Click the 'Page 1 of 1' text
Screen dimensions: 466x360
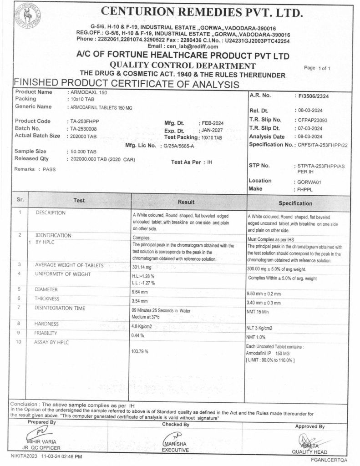coord(319,68)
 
